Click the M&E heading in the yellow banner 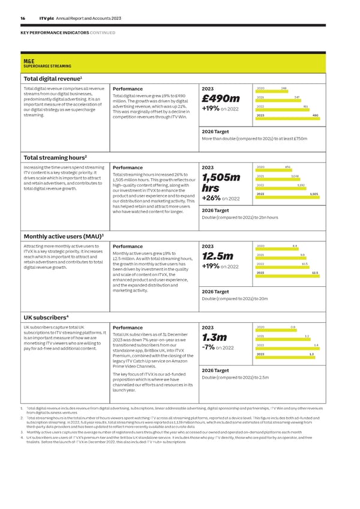click(x=29, y=61)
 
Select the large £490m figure click(x=221, y=99)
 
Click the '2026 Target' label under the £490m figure click(x=215, y=130)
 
